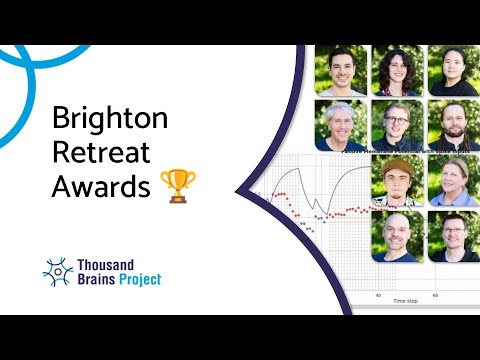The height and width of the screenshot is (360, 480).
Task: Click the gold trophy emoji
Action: click(178, 185)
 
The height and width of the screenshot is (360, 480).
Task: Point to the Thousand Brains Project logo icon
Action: click(58, 271)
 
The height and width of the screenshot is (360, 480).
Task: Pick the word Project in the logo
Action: click(137, 279)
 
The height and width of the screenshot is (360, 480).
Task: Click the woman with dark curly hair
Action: click(397, 70)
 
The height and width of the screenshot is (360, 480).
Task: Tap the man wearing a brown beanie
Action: click(397, 180)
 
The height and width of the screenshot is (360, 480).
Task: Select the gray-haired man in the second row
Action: click(341, 124)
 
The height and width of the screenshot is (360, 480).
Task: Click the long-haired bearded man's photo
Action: click(453, 124)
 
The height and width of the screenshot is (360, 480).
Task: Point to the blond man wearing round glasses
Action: click(397, 124)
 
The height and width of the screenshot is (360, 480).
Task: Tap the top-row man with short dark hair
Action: click(341, 70)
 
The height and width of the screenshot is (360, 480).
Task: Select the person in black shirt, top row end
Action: click(453, 70)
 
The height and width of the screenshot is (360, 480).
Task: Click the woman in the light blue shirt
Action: click(453, 180)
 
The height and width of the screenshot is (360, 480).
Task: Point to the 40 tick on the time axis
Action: click(378, 294)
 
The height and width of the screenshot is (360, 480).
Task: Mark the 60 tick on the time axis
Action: click(434, 294)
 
